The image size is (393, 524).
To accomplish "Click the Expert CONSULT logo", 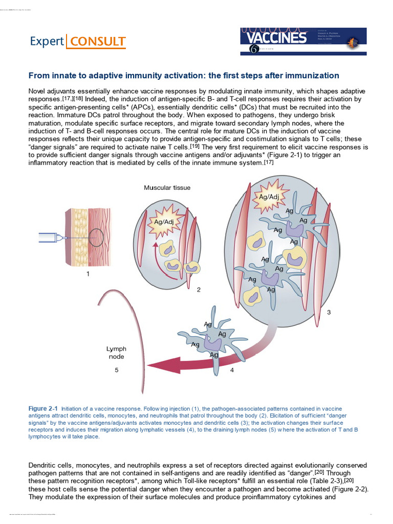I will coord(76,41).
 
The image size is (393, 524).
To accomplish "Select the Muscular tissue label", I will coord(167,188).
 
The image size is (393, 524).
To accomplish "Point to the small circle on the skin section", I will coord(95,237).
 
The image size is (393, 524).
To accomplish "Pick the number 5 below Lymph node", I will coord(116,370).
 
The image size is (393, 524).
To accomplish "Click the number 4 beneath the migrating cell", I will coord(232,370).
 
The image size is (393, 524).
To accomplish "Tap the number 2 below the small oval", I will coord(199,290).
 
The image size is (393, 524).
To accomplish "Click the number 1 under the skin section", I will coord(88,274).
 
